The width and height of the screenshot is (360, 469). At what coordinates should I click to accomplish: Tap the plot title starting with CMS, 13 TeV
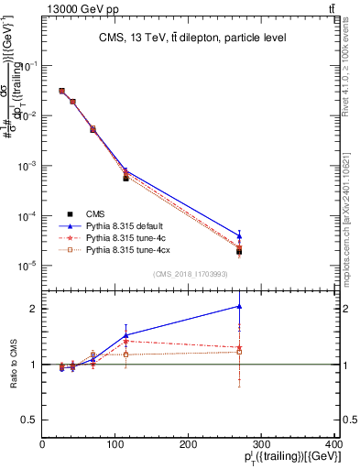[x=191, y=38]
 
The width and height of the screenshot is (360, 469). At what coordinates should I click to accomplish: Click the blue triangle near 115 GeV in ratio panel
[x=125, y=335]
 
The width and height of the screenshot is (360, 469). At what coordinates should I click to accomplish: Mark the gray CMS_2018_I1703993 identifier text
[x=191, y=275]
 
